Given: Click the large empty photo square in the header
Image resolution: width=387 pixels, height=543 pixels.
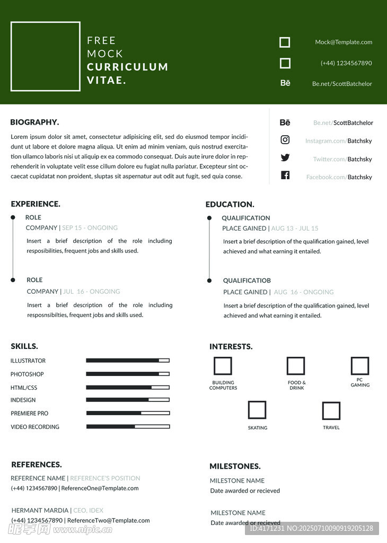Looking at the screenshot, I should pos(46,56).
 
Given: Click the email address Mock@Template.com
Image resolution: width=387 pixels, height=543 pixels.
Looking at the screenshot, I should pos(344,42).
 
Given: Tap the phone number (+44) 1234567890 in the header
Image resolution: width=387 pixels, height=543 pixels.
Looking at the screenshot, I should pos(346,63).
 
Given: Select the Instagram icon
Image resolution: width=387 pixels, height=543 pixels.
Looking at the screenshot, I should pos(285,140).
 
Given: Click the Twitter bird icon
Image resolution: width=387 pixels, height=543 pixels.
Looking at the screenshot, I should pos(285,157).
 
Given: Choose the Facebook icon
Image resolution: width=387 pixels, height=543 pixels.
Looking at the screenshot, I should pos(285,176).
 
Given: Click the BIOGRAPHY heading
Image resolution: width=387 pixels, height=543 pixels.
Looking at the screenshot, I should pos(34,122).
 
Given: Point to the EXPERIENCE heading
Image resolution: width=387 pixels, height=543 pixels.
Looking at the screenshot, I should pos(36,204).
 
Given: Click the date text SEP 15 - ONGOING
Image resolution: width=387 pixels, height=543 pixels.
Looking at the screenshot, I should pos(90,228).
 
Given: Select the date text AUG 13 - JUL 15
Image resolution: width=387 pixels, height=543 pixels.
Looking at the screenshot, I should pos(295,229).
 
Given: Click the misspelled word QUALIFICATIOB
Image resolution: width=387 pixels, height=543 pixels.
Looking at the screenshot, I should pos(247,281).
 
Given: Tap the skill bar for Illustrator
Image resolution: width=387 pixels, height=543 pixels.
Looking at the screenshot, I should pos(128,361).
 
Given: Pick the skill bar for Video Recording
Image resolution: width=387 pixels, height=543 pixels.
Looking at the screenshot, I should pos(128,426).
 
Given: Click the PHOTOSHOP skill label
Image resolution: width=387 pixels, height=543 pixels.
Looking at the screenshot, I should pos(27,374).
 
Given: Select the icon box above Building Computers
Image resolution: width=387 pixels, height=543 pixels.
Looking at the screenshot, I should pos(223,366).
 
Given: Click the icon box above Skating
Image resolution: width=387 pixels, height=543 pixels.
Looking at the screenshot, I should pos(257,410).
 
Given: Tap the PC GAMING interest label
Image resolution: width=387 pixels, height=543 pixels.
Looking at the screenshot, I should pos(360,382).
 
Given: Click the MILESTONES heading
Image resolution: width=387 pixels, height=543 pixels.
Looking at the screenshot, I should pos(235,467).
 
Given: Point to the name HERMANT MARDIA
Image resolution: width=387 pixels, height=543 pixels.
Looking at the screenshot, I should pos(40,511).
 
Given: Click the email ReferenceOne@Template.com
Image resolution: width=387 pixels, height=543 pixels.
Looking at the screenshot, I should pos(100,488).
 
